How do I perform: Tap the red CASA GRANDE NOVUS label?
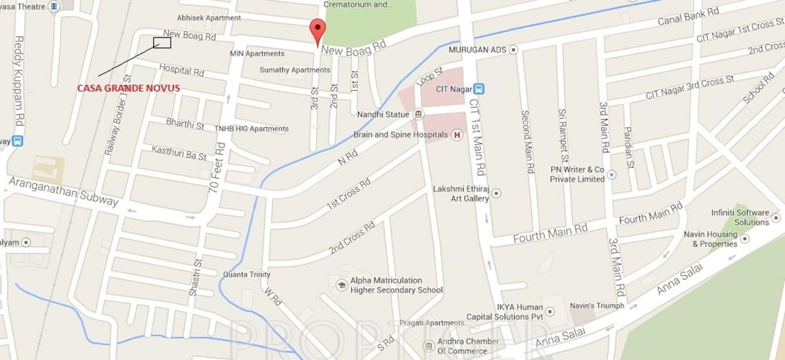129,88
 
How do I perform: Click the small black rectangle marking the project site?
162,42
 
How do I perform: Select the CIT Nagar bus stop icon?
479,89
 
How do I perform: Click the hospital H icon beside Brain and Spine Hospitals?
457,135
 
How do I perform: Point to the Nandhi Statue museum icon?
418,114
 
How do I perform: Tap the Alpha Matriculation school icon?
341,285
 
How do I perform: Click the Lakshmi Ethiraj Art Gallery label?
461,194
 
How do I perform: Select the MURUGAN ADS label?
477,50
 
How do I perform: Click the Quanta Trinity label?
247,274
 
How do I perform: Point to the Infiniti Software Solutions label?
740,217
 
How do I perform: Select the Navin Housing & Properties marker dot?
745,238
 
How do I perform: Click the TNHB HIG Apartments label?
251,129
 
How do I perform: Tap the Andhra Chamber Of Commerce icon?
429,345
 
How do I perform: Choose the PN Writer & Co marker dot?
612,174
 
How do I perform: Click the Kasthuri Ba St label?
179,153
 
